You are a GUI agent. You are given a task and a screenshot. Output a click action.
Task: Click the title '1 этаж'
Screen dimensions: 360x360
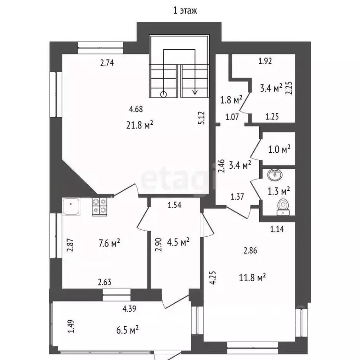(185, 11)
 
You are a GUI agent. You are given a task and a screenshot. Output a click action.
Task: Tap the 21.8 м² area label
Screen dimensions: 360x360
(140, 125)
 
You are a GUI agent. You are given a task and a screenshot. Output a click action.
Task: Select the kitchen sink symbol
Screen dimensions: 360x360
(71, 206)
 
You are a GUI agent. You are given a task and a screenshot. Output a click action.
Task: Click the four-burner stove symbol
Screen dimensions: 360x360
(100, 207)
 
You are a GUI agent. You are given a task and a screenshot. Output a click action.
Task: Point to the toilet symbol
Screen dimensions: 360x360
(283, 207)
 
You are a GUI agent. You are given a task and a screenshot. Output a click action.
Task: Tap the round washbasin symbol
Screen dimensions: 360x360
(275, 175)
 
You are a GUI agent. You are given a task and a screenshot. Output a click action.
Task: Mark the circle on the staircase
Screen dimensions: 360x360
(163, 94)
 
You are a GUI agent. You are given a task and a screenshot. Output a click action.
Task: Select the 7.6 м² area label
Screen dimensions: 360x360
(109, 243)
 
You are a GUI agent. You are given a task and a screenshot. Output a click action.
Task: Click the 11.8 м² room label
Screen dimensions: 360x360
(252, 277)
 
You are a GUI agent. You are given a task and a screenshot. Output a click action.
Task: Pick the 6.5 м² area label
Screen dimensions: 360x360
(127, 330)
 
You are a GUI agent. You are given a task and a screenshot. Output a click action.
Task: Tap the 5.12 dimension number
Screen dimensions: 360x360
(201, 118)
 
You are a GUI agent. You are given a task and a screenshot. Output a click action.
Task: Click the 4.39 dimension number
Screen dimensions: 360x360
(129, 309)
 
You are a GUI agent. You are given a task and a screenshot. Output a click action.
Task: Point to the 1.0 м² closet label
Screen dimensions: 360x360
(279, 150)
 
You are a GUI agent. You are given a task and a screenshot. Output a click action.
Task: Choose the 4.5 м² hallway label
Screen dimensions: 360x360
(178, 242)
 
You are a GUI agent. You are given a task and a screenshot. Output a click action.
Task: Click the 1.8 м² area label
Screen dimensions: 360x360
(231, 100)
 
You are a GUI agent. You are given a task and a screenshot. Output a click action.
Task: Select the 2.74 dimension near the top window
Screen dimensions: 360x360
(107, 63)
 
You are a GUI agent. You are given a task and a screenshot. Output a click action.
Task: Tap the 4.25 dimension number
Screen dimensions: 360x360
(213, 278)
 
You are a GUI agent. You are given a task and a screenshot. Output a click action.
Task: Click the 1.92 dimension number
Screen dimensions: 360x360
(265, 61)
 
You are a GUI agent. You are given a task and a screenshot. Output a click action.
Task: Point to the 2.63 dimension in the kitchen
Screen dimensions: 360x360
(105, 282)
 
